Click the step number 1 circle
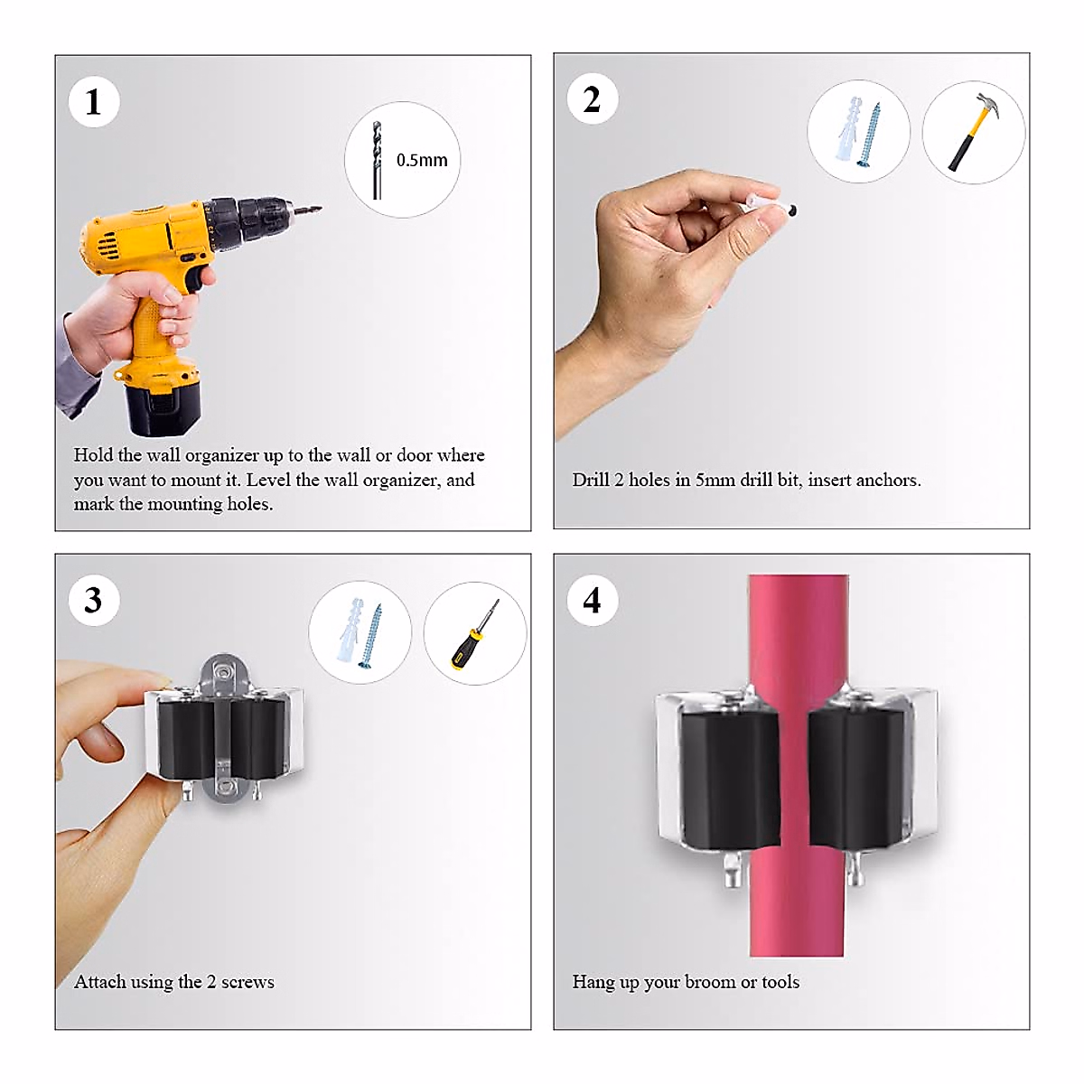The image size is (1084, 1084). [x=93, y=102]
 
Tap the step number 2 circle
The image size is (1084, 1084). [x=592, y=99]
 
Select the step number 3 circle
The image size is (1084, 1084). [x=93, y=600]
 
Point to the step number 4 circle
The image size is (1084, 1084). [x=592, y=600]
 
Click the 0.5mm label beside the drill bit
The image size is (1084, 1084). [x=422, y=160]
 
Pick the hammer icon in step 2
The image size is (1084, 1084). [x=973, y=132]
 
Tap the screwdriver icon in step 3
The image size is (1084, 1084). [x=475, y=634]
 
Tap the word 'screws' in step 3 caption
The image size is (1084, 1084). [x=248, y=982]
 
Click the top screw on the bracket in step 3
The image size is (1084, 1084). [x=224, y=671]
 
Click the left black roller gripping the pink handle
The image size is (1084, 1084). [x=730, y=778]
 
